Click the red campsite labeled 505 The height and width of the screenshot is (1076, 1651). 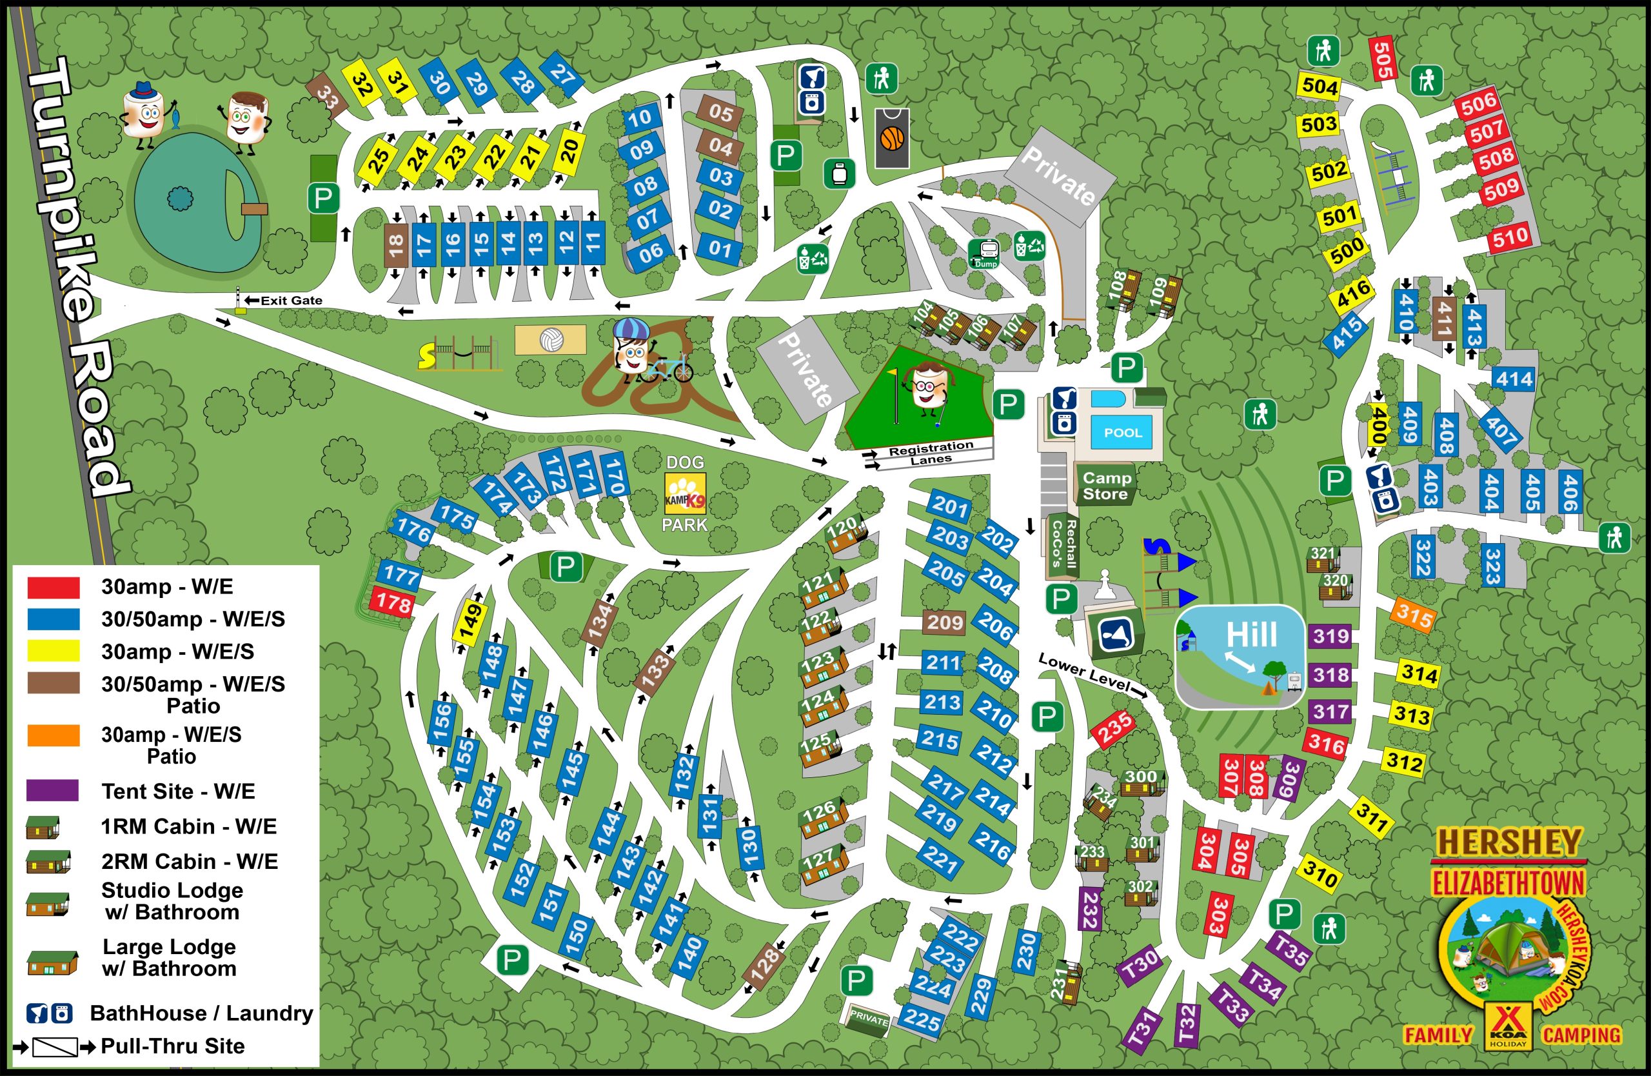pos(1383,59)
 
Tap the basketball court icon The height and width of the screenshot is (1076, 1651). pos(892,138)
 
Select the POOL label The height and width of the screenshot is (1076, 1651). pos(1122,432)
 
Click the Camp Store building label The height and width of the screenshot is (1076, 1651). pos(1107,486)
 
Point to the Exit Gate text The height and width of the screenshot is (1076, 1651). pos(291,301)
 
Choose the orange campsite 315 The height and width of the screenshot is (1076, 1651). pos(1415,613)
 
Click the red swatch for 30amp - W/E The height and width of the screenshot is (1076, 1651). pos(54,587)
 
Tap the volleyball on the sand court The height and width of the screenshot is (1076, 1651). pos(551,340)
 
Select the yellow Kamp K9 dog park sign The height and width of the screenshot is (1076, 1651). pos(685,493)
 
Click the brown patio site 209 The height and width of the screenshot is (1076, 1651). pos(944,623)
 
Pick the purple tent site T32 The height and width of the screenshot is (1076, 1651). pos(1187,1024)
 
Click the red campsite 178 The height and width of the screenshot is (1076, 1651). pos(393,602)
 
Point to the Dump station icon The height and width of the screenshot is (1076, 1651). pos(985,254)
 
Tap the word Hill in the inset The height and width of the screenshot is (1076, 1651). pos(1251,634)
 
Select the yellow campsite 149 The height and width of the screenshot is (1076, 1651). pos(470,623)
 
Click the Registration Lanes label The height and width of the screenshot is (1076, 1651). pos(931,453)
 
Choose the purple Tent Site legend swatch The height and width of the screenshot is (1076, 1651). pos(53,790)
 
